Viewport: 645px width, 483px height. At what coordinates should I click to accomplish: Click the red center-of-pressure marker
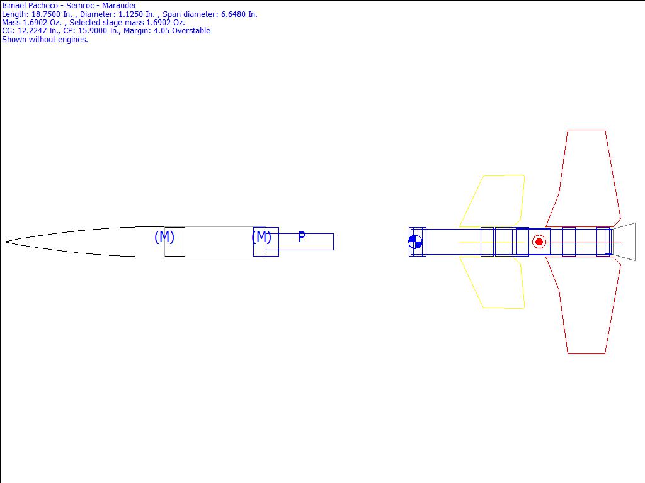[539, 242]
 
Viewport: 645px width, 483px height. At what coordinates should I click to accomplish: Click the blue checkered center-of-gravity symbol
[415, 242]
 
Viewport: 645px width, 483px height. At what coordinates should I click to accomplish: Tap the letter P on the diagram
[302, 236]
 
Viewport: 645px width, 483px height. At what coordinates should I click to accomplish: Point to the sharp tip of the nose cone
[3, 242]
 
